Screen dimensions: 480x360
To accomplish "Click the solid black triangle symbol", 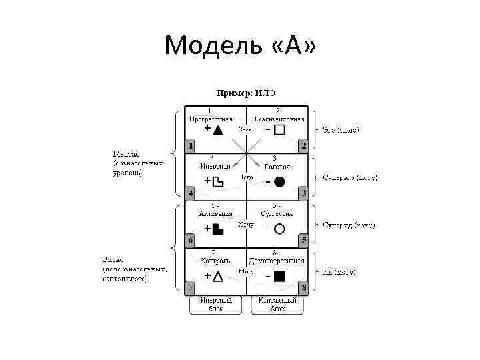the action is tap(218, 130).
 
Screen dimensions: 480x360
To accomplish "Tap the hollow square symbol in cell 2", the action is tap(279, 130).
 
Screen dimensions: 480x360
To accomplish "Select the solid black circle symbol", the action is tap(279, 181).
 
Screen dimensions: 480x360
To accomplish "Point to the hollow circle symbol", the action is tap(280, 229).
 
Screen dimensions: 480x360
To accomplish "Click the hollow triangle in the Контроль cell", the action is tap(217, 276).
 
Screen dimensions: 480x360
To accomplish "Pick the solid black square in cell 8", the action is tap(280, 275).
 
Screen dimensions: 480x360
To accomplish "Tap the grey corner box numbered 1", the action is tap(190, 145).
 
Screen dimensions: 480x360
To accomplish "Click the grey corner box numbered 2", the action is tap(303, 145).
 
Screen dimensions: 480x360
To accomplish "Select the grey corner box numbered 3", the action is tap(303, 193).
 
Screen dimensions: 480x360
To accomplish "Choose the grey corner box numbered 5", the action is tap(303, 239).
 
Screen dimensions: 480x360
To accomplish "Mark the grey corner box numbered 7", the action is tap(190, 287).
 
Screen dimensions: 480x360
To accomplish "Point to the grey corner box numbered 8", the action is tap(303, 287).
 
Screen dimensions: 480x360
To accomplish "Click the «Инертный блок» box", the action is tap(215, 305).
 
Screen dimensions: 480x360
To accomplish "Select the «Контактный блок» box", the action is tap(277, 305).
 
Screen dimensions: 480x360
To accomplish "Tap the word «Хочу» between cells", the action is tap(246, 225).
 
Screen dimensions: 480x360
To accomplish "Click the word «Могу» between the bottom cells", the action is tap(246, 271).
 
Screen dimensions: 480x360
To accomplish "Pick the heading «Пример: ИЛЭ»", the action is tap(245, 92).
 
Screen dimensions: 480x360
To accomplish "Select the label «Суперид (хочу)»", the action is tap(349, 225).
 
